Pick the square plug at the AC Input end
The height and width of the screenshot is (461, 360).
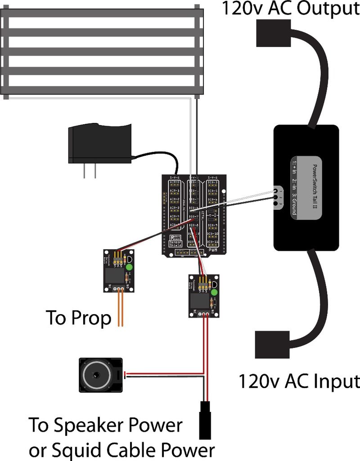click(x=272, y=344)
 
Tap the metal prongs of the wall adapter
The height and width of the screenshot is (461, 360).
click(x=90, y=171)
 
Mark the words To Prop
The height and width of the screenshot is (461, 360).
click(x=79, y=318)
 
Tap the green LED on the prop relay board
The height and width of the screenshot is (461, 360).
click(x=130, y=267)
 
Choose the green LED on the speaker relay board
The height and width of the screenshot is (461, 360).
click(x=214, y=293)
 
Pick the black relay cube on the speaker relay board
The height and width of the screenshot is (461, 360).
click(x=197, y=300)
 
